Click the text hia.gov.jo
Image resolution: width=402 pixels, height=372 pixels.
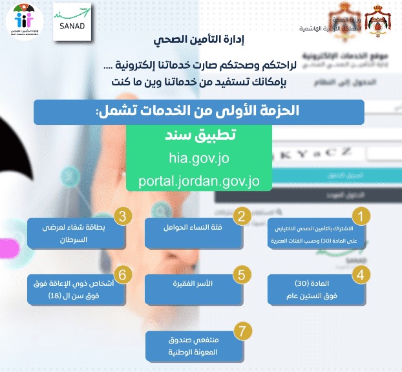click(198, 159)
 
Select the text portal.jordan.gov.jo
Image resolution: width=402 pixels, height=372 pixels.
click(198, 181)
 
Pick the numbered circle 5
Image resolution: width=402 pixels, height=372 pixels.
click(242, 274)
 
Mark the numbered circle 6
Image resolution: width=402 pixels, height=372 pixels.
click(123, 274)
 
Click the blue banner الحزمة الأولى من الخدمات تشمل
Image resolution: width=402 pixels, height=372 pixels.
click(198, 111)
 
